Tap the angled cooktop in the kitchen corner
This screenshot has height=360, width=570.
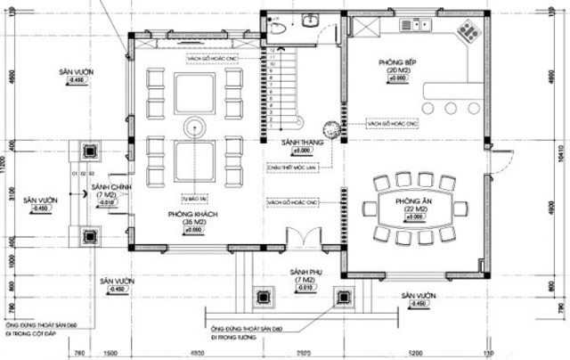467,33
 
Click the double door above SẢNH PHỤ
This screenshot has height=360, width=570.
305,237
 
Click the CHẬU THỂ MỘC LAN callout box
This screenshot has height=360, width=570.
287,166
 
